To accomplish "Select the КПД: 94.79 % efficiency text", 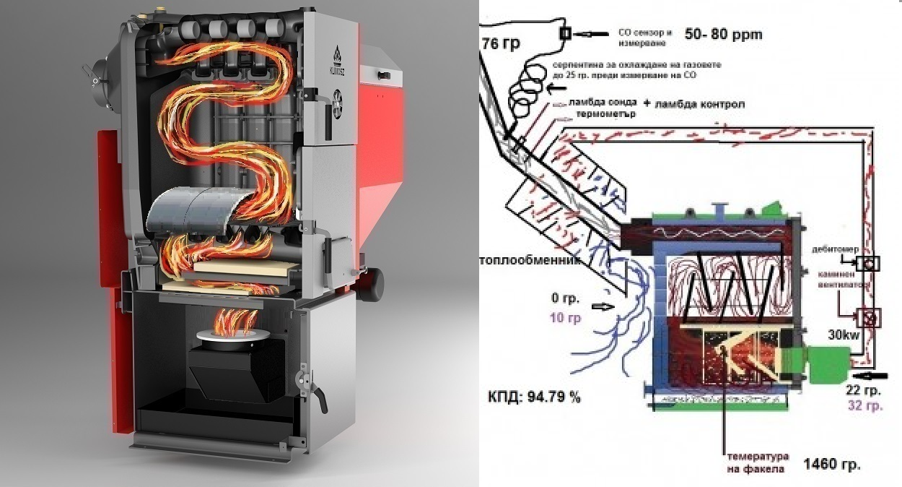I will pyautogui.click(x=534, y=397).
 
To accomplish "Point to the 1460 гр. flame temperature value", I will pyautogui.click(x=831, y=463).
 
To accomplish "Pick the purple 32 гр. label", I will pyautogui.click(x=864, y=406).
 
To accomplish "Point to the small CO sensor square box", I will pyautogui.click(x=565, y=33).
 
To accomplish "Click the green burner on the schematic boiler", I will pyautogui.click(x=827, y=363).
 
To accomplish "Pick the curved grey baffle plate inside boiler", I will pyautogui.click(x=191, y=207).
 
